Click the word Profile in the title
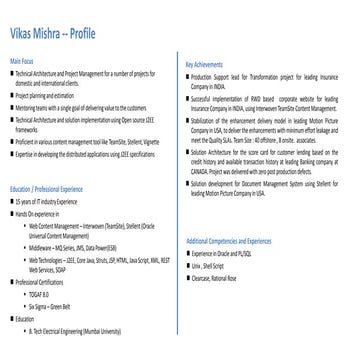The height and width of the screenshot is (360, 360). pos(85,32)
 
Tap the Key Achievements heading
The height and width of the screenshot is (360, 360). pos(206,64)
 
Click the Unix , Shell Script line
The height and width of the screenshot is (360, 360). pos(216,266)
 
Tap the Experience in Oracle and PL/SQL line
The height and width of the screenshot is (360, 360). pos(230,255)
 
